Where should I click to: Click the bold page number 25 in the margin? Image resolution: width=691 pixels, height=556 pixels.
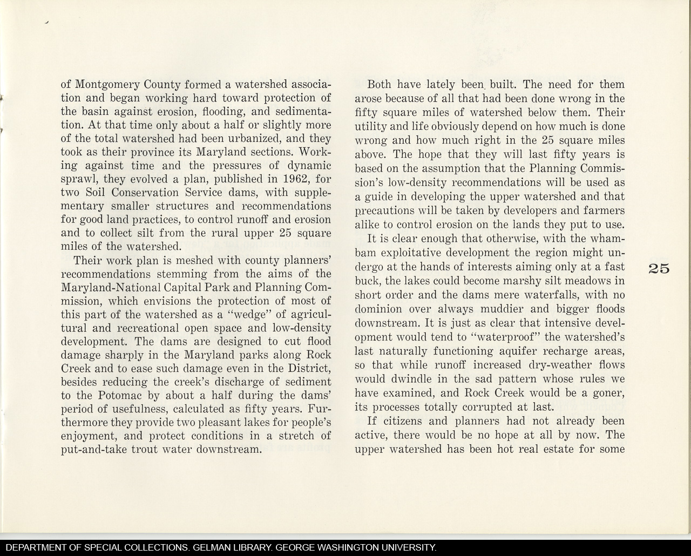[x=657, y=268]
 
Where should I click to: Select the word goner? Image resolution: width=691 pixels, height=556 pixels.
[x=606, y=393]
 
